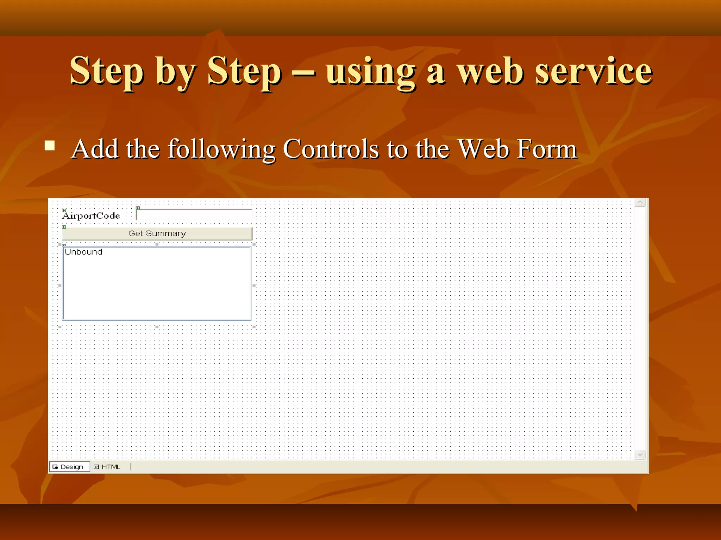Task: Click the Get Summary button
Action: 157,233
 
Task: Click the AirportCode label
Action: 91,216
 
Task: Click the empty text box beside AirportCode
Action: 194,214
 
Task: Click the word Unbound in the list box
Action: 83,252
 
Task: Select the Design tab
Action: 69,467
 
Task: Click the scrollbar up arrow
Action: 640,202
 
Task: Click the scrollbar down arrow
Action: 640,455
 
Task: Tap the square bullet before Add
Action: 50,145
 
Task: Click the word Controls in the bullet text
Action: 331,149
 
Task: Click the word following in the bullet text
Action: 221,149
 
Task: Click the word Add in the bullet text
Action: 94,149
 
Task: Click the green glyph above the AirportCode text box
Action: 138,208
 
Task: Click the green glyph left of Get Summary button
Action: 64,227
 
